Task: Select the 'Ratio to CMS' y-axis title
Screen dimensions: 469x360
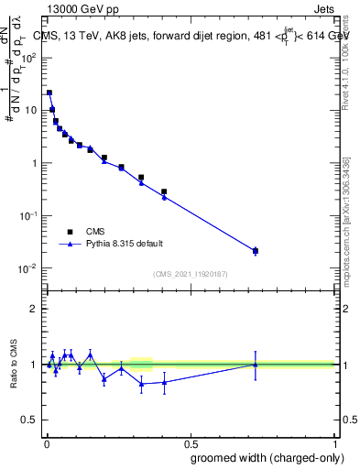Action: [x=15, y=364]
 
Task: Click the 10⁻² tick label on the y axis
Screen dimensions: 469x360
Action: [x=27, y=268]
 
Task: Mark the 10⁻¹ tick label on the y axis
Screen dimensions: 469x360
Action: [x=27, y=215]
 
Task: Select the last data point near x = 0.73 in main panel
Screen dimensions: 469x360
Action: [x=256, y=250]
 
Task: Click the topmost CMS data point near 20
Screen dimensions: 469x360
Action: [x=49, y=93]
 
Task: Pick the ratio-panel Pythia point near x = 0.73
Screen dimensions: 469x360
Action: [x=256, y=365]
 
